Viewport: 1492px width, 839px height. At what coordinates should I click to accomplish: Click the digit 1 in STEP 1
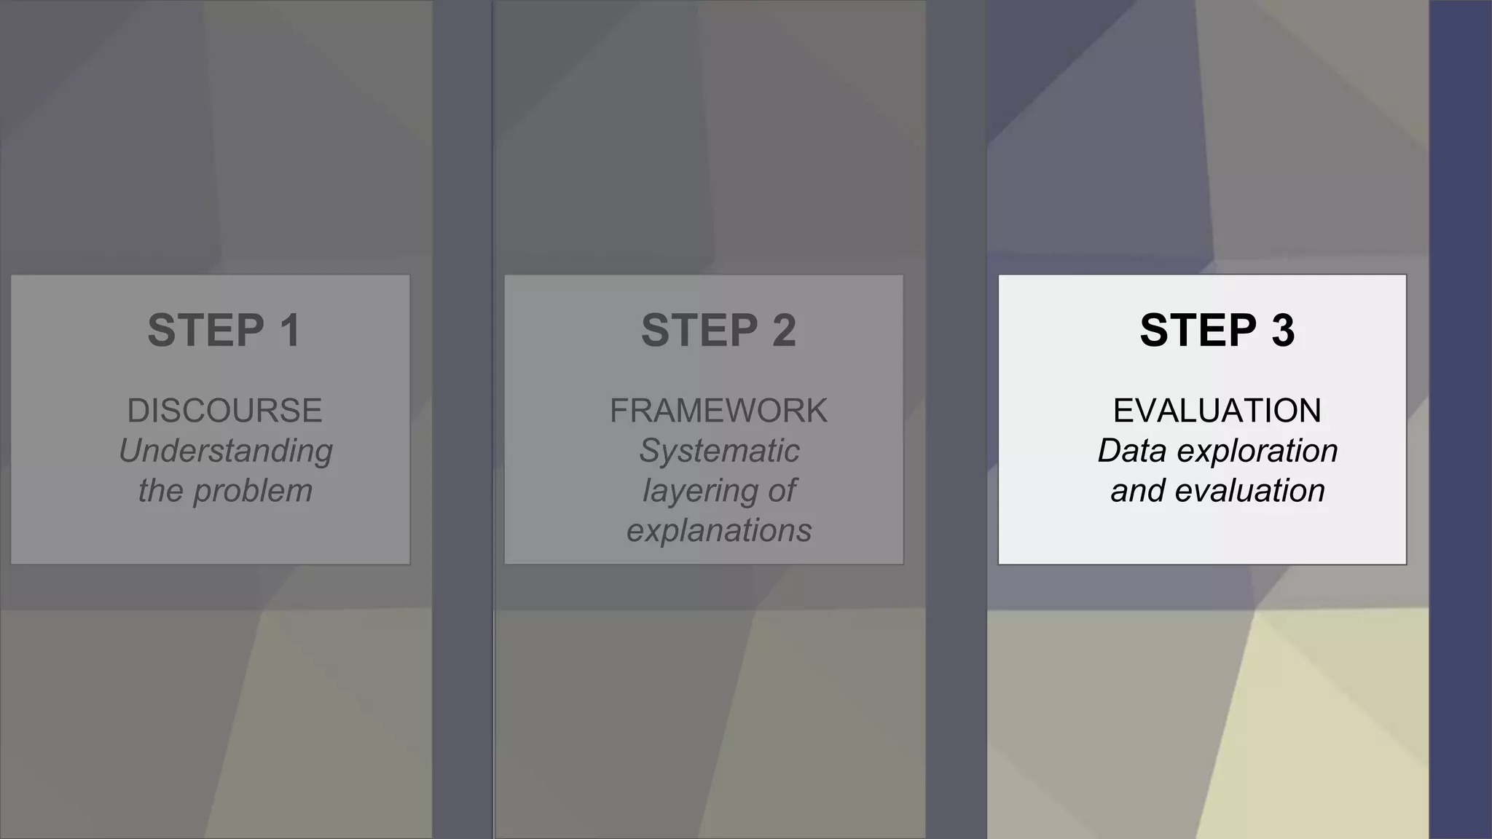[x=291, y=331]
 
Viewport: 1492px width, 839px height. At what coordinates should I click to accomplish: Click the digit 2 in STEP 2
[x=784, y=331]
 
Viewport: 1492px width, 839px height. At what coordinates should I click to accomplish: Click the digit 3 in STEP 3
[x=1283, y=331]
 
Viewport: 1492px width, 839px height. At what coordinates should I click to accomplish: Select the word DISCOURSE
[x=224, y=411]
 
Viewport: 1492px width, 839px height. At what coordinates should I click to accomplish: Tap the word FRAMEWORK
[x=718, y=411]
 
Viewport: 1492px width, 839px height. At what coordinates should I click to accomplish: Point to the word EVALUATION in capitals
[x=1217, y=411]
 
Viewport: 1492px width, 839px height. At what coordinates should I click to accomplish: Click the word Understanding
[x=225, y=452]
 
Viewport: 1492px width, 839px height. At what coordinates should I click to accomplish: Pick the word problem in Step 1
[x=252, y=492]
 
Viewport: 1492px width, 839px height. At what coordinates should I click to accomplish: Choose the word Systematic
[x=719, y=451]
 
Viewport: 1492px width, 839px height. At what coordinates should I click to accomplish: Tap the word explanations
[x=719, y=531]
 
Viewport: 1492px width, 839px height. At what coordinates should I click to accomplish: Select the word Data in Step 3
[x=1132, y=451]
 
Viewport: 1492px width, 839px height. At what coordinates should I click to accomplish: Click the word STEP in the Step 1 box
[x=206, y=331]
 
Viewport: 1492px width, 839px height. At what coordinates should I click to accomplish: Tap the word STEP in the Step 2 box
[x=699, y=331]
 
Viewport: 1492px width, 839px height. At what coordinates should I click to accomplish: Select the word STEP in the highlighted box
[x=1198, y=331]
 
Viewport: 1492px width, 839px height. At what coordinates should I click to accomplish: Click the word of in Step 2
[x=782, y=491]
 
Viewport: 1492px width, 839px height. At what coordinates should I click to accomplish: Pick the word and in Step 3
[x=1138, y=491]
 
